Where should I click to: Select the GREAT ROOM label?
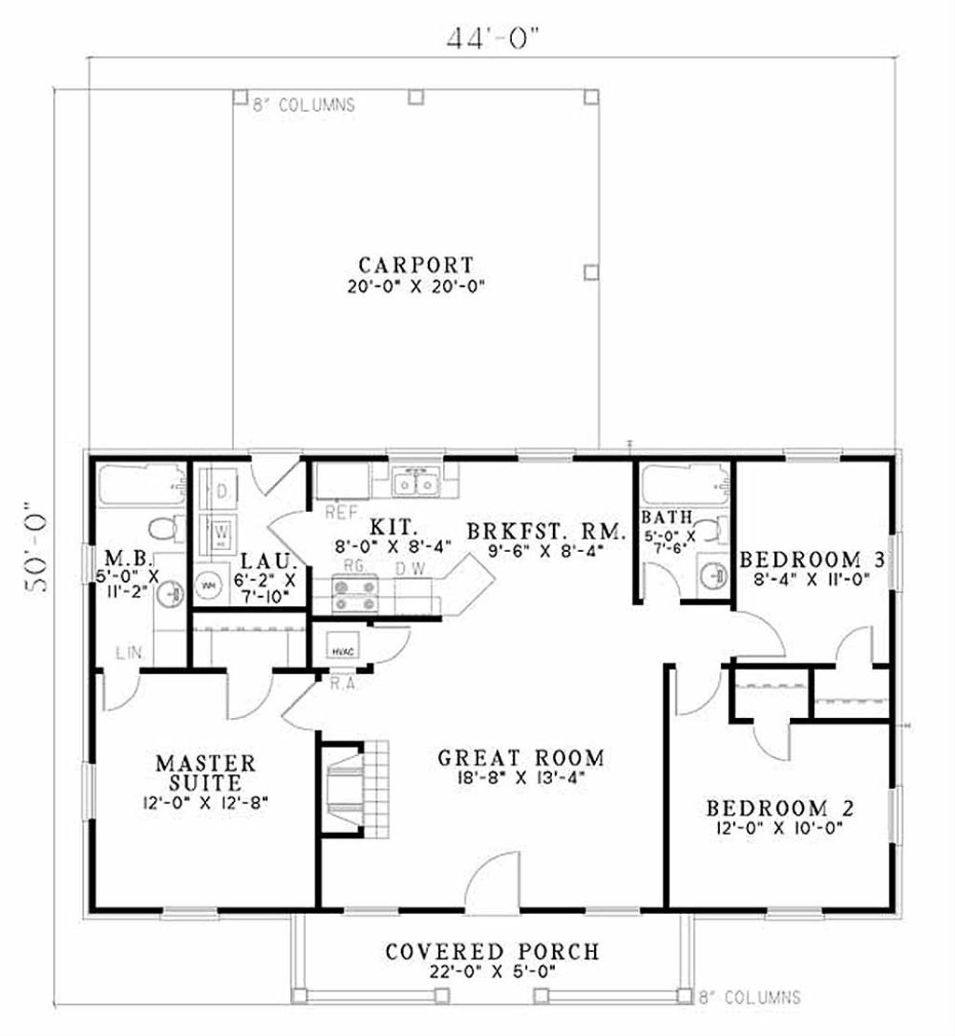coord(521,757)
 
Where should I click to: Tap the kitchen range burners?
coord(355,595)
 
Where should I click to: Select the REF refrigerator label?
coord(337,512)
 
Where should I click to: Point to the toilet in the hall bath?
coord(713,531)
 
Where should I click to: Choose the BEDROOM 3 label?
coord(811,559)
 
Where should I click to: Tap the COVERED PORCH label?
coord(492,951)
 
